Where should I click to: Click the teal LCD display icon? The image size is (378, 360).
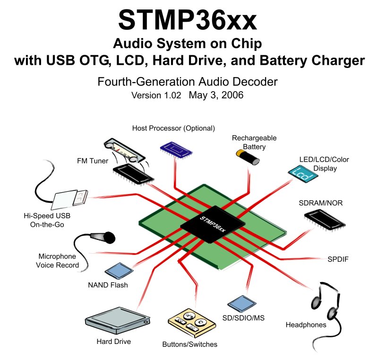coord(302,173)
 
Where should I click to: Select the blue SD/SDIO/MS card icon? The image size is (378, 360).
coord(239,302)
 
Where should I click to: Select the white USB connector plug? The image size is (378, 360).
coord(71,199)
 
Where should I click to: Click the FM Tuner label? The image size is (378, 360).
coord(93,161)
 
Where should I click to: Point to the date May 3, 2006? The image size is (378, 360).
coord(216,95)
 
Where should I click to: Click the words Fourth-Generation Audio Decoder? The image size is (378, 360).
coord(188,81)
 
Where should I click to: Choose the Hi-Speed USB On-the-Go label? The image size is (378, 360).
coord(43,220)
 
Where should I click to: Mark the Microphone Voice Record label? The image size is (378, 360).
coord(57,260)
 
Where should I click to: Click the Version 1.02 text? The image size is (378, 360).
coord(156,95)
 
